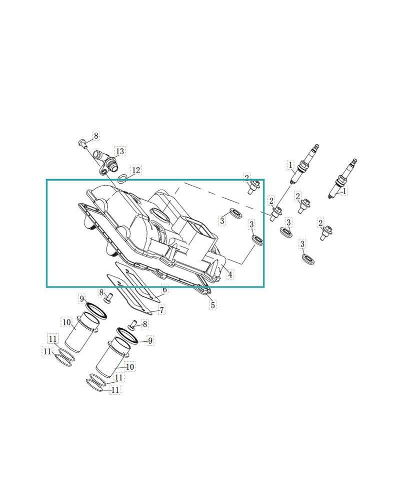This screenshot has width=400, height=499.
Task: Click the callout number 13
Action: (x=120, y=151)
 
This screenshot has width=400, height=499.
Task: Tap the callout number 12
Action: (x=136, y=170)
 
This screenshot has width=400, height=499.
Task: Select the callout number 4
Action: (x=230, y=274)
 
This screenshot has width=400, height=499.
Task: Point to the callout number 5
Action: (x=213, y=305)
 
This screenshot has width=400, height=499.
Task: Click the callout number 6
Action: (x=164, y=289)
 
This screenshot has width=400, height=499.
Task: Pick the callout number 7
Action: (x=161, y=310)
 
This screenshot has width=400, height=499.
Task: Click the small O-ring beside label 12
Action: (x=122, y=179)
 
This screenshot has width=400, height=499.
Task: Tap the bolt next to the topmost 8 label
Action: (x=83, y=144)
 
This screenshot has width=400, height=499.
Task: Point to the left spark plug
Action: (x=304, y=164)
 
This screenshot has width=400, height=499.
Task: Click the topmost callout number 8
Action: (x=95, y=136)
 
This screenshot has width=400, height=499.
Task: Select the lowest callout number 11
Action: (x=115, y=390)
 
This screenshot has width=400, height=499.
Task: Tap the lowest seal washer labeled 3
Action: (x=309, y=259)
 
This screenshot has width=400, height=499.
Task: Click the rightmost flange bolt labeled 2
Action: (x=325, y=233)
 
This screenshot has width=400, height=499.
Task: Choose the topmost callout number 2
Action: (x=246, y=178)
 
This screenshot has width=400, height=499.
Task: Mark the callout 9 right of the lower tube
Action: (x=150, y=340)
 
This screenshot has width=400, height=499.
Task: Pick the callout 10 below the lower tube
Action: (x=130, y=367)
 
